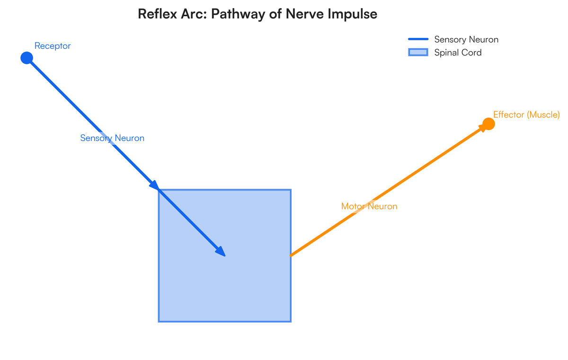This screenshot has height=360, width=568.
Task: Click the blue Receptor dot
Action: (27, 58)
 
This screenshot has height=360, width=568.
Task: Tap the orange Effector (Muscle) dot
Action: (488, 124)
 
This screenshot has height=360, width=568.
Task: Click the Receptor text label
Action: (53, 46)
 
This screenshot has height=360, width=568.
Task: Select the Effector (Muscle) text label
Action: (526, 114)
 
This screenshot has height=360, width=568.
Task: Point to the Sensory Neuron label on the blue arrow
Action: (112, 138)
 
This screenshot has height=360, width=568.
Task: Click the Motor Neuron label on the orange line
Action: (369, 206)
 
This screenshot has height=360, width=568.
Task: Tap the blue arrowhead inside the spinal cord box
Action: (221, 252)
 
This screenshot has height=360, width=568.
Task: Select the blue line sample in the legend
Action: (418, 39)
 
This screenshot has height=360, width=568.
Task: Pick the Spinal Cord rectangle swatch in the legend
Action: (418, 53)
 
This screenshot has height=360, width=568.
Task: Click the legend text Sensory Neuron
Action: (466, 40)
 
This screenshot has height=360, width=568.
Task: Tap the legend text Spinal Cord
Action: (458, 53)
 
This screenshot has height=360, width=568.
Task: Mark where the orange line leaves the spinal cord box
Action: (291, 255)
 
